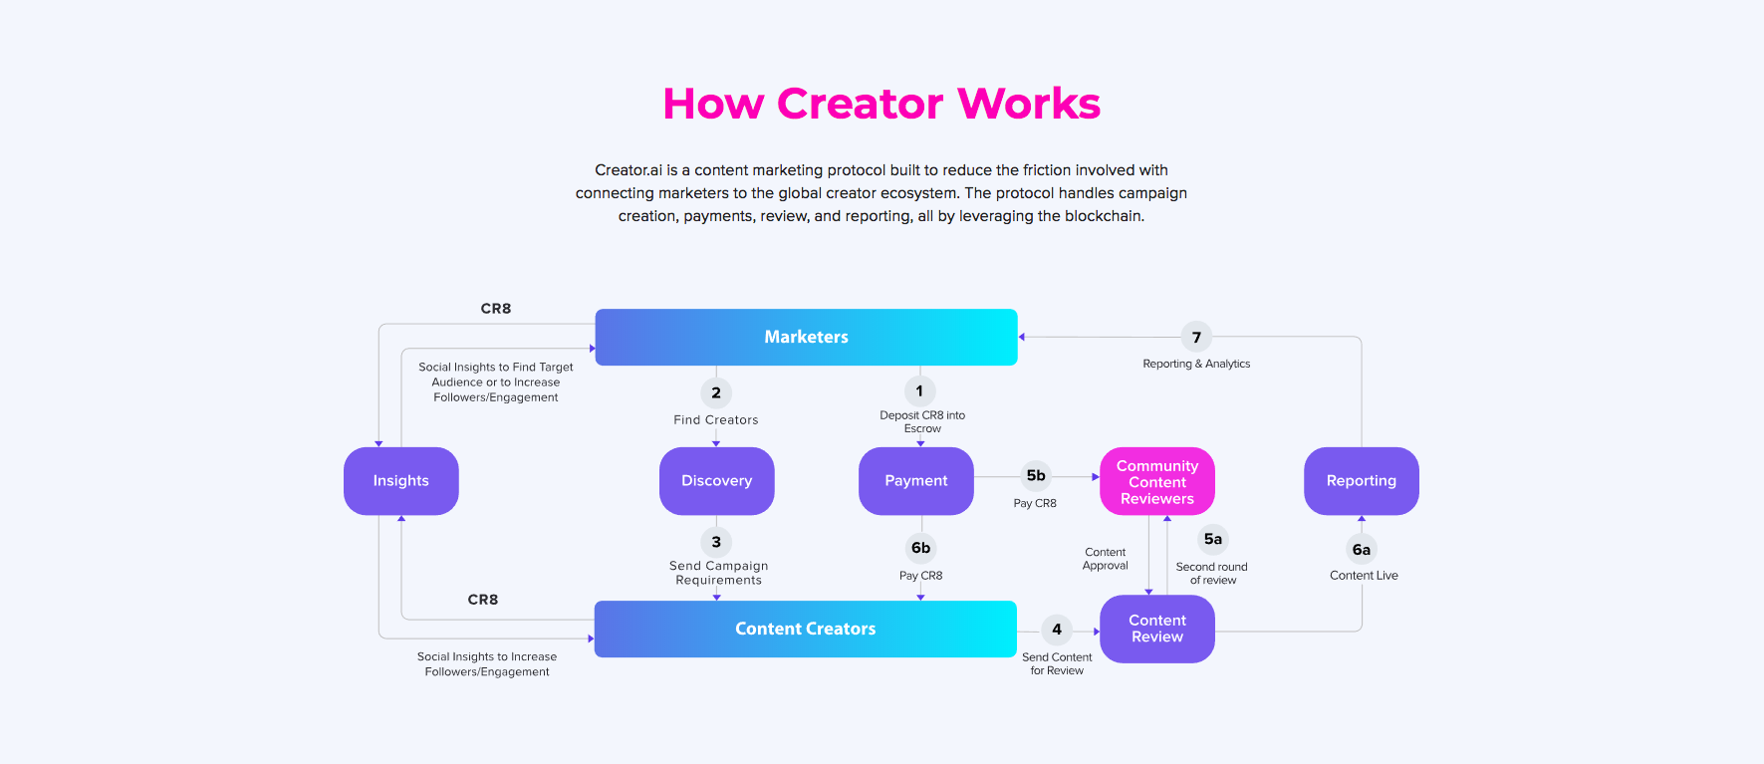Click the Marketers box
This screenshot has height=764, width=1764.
point(806,337)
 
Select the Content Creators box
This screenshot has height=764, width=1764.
point(806,629)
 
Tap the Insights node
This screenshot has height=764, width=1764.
point(401,481)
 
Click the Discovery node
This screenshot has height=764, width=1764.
point(717,481)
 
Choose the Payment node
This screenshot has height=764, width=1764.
point(916,481)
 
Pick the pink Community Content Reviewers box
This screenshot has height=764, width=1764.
point(1157,481)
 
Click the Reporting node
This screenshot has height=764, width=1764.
point(1362,481)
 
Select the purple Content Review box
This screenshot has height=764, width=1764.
point(1157,629)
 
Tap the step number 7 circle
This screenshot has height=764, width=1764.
point(1196,338)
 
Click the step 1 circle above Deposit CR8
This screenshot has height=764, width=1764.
point(919,391)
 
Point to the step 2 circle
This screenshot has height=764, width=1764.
point(716,393)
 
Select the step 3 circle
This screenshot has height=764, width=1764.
point(716,542)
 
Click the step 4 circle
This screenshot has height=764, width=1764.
point(1057,630)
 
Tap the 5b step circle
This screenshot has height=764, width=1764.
point(1036,476)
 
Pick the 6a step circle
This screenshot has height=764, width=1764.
point(1362,550)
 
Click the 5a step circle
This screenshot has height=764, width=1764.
point(1213,540)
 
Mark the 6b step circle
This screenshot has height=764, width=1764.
point(921,548)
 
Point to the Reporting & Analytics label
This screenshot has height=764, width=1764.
point(1196,365)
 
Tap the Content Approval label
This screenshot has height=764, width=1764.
point(1106,559)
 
